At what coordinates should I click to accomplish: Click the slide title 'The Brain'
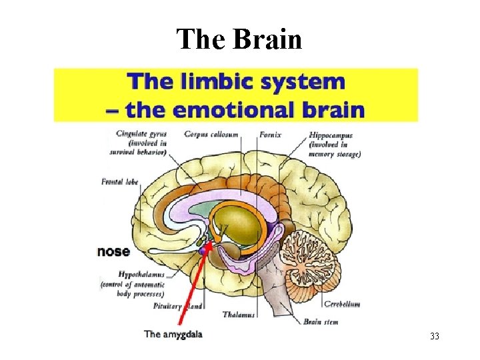(239, 40)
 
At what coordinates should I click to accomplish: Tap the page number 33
(435, 336)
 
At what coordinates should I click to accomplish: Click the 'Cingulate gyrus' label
(141, 134)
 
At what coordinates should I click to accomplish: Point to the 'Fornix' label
(270, 135)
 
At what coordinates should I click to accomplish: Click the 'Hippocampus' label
(331, 135)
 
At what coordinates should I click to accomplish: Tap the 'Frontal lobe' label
(120, 181)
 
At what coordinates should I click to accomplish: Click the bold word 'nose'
(114, 251)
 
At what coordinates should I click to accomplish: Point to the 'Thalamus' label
(239, 315)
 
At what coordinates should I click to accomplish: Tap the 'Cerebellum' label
(342, 304)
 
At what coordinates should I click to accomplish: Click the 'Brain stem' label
(321, 321)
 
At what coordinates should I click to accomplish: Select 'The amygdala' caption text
(173, 334)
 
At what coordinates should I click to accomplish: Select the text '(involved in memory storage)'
(334, 149)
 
